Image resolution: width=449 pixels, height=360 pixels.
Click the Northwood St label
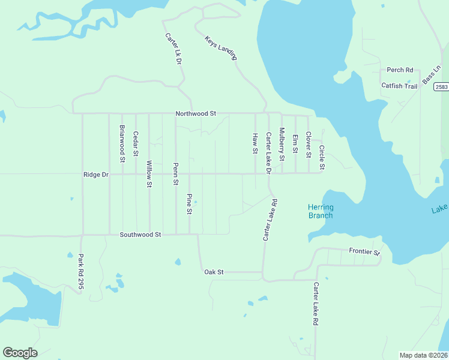(x=196, y=113)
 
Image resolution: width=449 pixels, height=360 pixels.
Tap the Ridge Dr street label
(x=95, y=175)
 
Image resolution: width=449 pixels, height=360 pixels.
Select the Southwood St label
(x=140, y=235)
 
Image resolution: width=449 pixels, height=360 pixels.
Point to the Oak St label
(x=214, y=272)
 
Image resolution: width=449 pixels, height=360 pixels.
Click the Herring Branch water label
(x=321, y=211)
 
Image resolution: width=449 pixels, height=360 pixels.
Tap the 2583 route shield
(x=441, y=87)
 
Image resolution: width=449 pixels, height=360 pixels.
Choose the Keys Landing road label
(x=221, y=48)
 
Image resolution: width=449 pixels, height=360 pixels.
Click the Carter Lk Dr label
(x=173, y=49)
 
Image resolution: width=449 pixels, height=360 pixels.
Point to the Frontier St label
(x=365, y=252)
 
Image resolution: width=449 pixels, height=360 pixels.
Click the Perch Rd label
(x=400, y=70)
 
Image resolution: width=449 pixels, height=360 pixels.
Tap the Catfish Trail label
(x=399, y=86)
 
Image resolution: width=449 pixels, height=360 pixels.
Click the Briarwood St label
(x=122, y=143)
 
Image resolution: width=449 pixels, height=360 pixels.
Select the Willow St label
(x=149, y=174)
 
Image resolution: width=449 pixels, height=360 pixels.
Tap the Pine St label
(x=189, y=204)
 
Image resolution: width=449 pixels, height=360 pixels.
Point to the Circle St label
(x=322, y=157)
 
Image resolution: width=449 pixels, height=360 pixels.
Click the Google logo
(x=20, y=353)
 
